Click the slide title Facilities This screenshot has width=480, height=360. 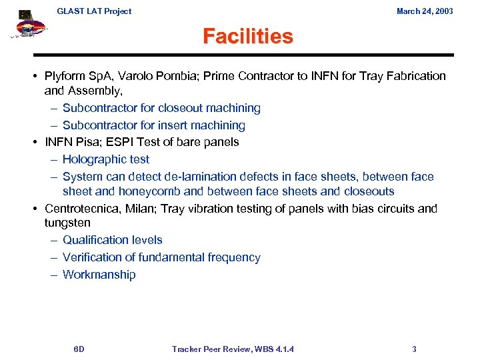[247, 35]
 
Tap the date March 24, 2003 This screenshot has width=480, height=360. [424, 11]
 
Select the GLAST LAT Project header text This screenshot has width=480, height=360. [94, 11]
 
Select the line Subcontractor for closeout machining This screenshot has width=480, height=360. [161, 108]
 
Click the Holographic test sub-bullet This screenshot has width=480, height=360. [105, 159]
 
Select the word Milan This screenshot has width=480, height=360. [138, 209]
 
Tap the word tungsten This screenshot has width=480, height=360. [67, 223]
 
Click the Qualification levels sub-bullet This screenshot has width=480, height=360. [112, 240]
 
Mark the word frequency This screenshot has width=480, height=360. [233, 257]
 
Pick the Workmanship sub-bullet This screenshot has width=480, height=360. [99, 275]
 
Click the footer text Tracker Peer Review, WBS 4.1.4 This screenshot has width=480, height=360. [233, 349]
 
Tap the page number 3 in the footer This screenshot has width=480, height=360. [414, 349]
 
